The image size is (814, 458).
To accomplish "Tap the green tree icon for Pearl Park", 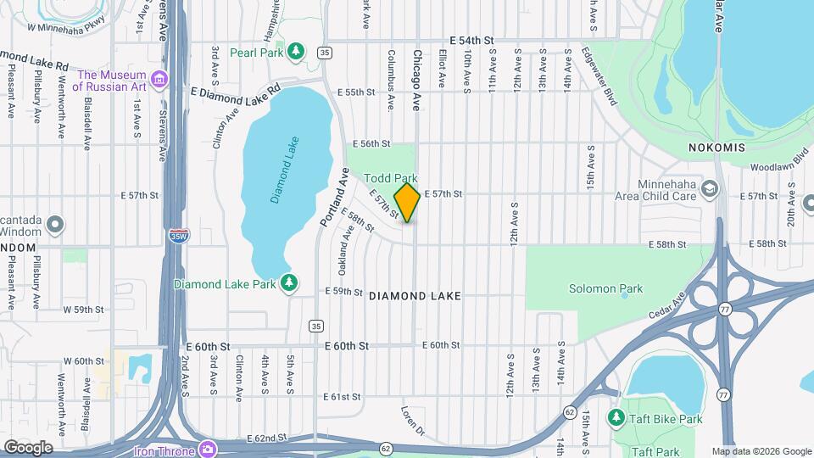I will click(x=295, y=53).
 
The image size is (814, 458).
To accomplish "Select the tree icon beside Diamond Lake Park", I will click(x=290, y=282).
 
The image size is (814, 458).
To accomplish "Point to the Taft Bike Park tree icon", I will click(x=616, y=418).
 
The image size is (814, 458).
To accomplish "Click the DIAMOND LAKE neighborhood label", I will click(x=415, y=296).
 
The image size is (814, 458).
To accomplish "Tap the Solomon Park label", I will click(x=605, y=288).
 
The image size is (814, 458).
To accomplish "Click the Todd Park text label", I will click(x=391, y=178).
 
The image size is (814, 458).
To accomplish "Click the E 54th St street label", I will click(x=496, y=41).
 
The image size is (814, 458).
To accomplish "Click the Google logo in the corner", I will click(x=28, y=447).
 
